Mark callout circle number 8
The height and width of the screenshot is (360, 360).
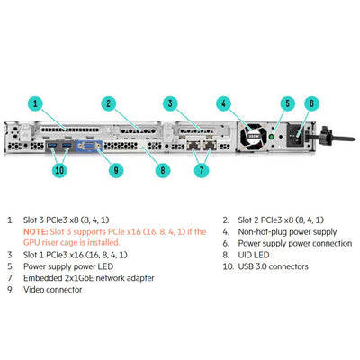tap(162, 168)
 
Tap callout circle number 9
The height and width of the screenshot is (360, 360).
tap(116, 168)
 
